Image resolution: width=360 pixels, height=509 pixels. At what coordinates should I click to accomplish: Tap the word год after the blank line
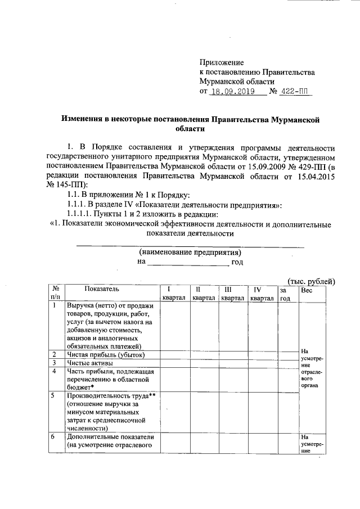click(237, 262)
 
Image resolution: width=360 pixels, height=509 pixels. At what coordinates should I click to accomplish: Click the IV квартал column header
click(262, 293)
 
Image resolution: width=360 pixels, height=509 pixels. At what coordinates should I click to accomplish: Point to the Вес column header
click(307, 289)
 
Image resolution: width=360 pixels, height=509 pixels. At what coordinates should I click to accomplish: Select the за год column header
click(285, 293)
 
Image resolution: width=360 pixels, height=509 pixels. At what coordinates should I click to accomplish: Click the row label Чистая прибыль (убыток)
click(106, 355)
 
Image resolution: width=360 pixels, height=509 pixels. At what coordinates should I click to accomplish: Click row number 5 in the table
click(53, 396)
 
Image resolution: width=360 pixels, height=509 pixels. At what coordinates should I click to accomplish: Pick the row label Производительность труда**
click(111, 396)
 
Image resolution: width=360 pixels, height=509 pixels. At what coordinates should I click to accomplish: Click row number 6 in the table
click(53, 437)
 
